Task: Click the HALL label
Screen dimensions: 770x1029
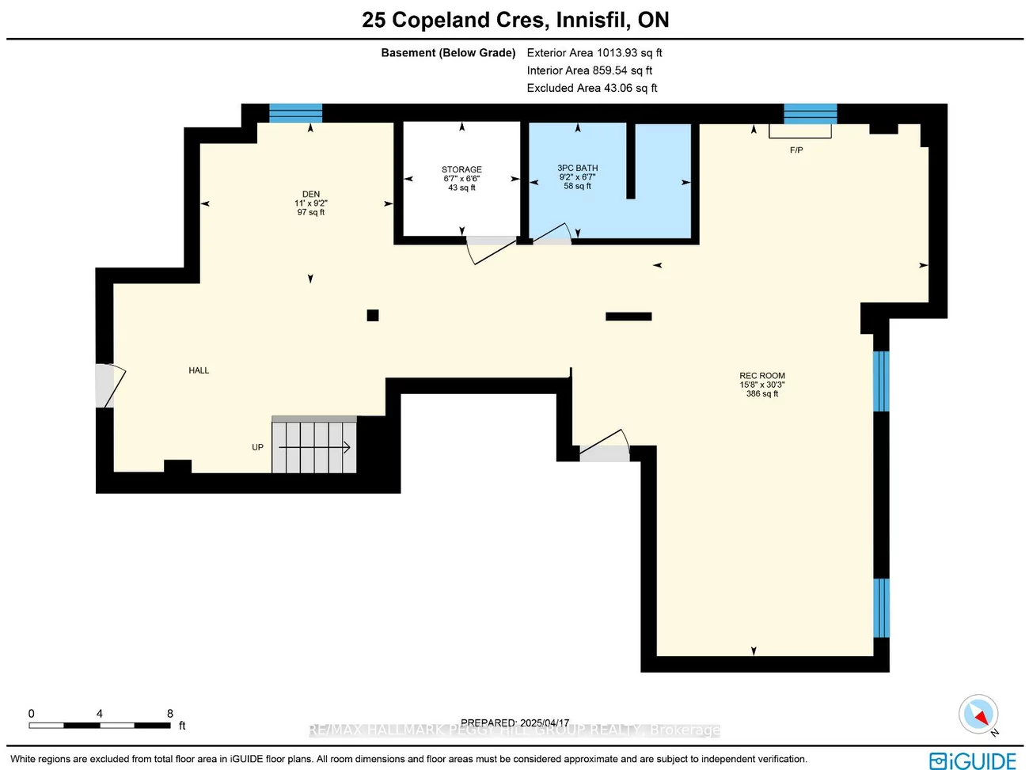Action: click(199, 370)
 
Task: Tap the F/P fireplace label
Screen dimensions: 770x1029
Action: click(796, 150)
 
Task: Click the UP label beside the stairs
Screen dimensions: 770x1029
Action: click(257, 447)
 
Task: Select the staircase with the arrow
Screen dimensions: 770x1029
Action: click(314, 446)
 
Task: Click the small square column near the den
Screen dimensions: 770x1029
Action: click(373, 316)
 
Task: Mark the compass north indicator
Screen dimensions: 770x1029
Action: click(978, 715)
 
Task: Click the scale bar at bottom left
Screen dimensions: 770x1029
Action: click(100, 724)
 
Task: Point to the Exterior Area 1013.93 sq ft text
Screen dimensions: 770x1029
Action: click(594, 53)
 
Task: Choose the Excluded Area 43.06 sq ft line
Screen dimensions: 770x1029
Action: click(592, 88)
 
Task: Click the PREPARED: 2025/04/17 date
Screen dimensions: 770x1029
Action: click(514, 723)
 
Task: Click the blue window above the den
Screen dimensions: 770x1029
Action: click(295, 113)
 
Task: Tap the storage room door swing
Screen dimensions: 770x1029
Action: click(492, 249)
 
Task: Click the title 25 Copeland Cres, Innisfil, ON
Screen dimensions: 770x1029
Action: click(515, 20)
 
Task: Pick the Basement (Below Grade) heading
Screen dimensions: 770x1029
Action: click(448, 53)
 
